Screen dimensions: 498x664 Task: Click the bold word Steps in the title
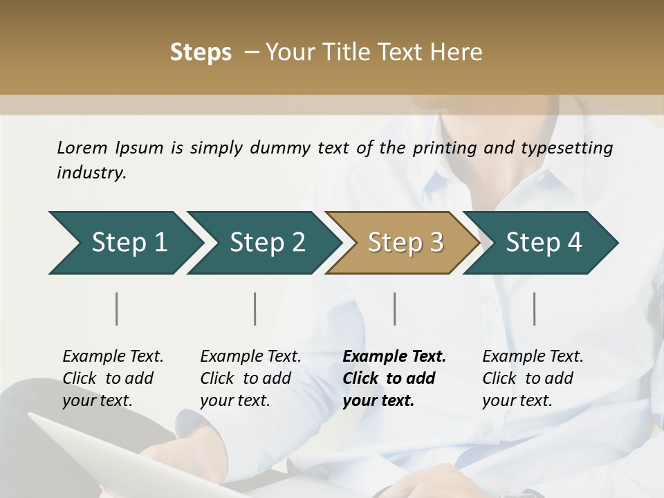(x=201, y=53)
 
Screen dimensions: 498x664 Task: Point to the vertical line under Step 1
(x=117, y=308)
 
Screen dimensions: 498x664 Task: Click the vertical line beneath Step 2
(x=255, y=308)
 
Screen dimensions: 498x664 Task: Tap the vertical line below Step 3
(x=395, y=308)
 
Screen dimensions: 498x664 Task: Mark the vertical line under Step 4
(x=535, y=308)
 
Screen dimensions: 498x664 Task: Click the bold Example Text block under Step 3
(x=394, y=378)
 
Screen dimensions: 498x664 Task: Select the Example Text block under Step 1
(x=113, y=378)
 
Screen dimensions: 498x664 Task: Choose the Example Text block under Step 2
(x=250, y=378)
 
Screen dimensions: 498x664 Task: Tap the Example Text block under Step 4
(x=533, y=378)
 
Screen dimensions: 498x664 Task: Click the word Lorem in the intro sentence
(x=82, y=147)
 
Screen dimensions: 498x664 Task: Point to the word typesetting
(x=571, y=148)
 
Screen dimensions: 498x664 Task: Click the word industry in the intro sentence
(x=91, y=173)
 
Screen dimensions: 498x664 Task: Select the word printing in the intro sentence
(x=443, y=148)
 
